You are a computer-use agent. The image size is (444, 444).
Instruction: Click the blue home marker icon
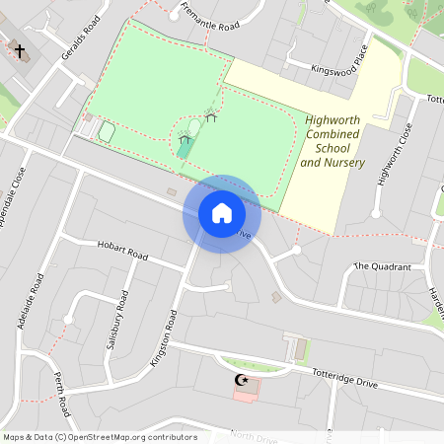click(222, 212)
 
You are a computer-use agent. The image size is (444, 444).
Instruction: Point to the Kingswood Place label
click(338, 58)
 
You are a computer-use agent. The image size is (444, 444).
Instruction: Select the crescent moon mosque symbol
click(237, 379)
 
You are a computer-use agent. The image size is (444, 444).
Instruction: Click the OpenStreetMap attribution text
click(99, 437)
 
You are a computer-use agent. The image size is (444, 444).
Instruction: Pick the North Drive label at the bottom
click(256, 437)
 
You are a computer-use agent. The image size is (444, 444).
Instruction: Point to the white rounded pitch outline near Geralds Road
click(107, 131)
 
